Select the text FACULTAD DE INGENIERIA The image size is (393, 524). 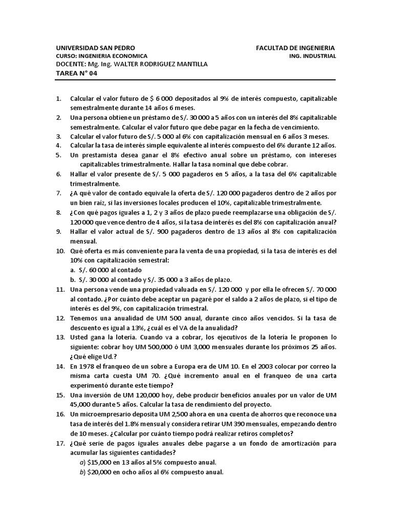(x=296, y=48)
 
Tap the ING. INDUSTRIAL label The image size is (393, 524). (x=312, y=56)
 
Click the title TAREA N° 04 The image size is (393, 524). (x=76, y=73)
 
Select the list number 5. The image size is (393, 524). (x=58, y=155)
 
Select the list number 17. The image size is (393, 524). (x=58, y=443)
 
